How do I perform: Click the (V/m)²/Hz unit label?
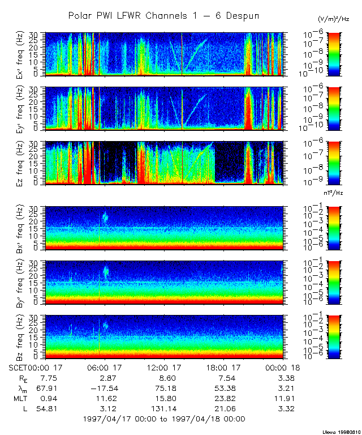point(333,19)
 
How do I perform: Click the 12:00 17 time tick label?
point(164,366)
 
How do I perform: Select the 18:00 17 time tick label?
point(222,366)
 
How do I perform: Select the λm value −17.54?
point(104,388)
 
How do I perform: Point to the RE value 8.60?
point(164,377)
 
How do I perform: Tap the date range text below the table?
point(163,419)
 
